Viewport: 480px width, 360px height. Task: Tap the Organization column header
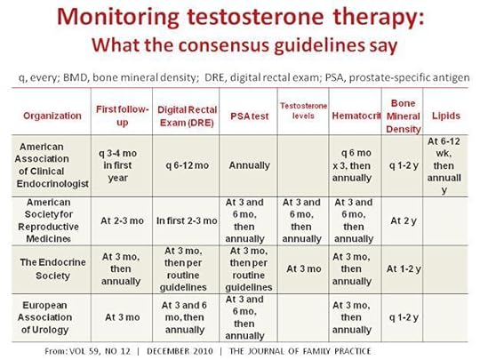tap(52, 116)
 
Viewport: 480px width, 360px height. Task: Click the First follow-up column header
tap(124, 116)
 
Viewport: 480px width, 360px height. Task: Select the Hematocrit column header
tap(348, 116)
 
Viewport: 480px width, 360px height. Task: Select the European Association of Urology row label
tap(52, 317)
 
